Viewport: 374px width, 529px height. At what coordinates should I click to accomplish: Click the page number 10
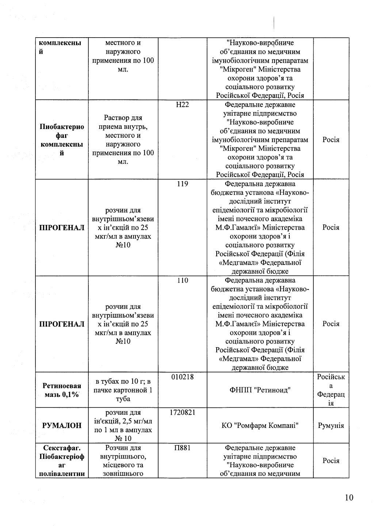pos(349,498)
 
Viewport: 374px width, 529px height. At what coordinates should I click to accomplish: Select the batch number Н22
pos(182,105)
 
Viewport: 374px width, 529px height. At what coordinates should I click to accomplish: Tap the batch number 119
pos(182,184)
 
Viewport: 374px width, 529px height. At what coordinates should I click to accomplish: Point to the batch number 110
pos(182,280)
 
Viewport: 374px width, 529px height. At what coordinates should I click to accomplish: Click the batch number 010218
pos(182,377)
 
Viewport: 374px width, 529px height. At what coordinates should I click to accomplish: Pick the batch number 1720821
pos(182,412)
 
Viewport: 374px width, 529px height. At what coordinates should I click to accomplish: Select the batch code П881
pos(182,448)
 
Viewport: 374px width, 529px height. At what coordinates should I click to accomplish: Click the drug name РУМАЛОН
pos(62,425)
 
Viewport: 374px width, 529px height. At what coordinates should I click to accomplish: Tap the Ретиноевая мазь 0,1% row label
pos(62,390)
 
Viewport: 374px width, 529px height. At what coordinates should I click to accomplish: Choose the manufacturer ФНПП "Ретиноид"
pos(260,390)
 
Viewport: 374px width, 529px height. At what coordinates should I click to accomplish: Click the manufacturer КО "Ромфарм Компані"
pos(260,425)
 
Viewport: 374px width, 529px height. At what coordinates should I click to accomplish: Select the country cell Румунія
pos(331,425)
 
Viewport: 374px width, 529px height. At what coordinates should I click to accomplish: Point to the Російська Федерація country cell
pos(331,390)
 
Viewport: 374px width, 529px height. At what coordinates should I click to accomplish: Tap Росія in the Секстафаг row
pos(331,461)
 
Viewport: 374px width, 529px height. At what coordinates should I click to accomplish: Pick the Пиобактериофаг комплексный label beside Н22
pos(62,140)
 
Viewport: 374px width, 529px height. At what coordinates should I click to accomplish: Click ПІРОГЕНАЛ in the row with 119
pos(62,228)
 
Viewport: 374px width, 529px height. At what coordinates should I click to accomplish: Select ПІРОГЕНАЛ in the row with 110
pos(62,324)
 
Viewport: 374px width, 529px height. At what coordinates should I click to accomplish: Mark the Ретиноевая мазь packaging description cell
pos(123,390)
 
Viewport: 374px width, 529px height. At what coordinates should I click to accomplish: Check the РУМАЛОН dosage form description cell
pos(123,425)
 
